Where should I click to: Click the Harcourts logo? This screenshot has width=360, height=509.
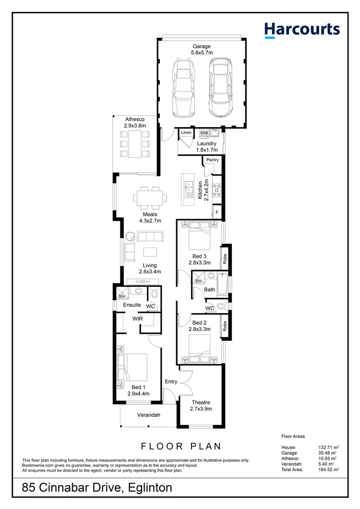coord(302,30)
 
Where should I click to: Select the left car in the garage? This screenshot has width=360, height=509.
coord(182,88)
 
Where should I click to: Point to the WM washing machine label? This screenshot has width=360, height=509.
coord(204,132)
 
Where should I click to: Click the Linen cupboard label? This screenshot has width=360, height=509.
coord(186,132)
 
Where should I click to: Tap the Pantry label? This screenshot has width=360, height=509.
coord(212,160)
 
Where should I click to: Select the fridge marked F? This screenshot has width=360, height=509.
coord(217,212)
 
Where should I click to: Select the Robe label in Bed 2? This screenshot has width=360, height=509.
coord(224,326)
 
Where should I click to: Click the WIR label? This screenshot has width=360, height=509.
coord(138,318)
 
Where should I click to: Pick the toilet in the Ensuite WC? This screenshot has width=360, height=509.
coord(154,293)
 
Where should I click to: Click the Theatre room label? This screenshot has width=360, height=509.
coord(201,402)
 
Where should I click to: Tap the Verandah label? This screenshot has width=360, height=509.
coord(148,415)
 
